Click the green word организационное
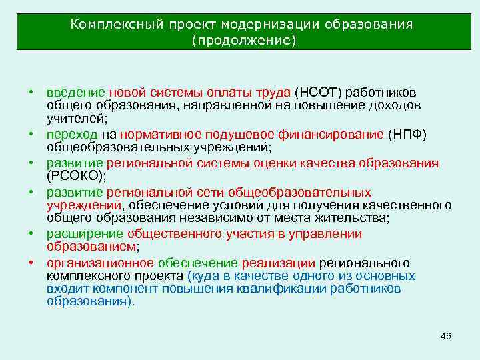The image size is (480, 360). [x=101, y=263]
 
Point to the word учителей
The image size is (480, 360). [x=75, y=118]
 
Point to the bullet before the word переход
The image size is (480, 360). [x=31, y=133]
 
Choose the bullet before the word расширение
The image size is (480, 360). [x=31, y=233]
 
